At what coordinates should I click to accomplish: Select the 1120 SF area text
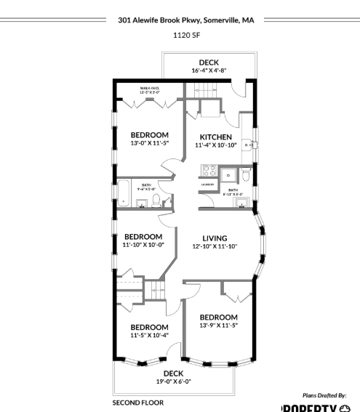(180, 34)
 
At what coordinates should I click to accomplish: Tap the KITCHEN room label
(216, 137)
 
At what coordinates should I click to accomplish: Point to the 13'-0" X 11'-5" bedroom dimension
(149, 143)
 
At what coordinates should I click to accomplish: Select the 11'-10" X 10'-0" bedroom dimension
(143, 245)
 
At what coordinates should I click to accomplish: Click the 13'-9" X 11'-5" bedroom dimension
(219, 326)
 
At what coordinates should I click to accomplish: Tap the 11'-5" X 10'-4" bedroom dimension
(149, 335)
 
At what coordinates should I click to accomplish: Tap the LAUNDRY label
(207, 185)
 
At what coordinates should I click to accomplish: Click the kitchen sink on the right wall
(250, 145)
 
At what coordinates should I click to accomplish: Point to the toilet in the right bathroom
(246, 174)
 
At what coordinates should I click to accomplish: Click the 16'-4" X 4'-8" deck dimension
(209, 71)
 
